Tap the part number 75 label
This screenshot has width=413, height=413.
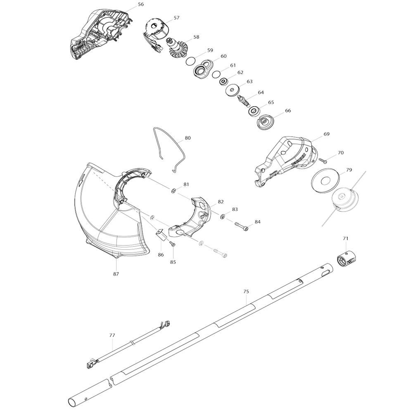coord(246,292)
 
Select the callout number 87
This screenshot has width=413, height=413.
coord(116,274)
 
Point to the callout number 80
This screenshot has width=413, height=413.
coord(188,138)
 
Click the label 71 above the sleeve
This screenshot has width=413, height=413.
coord(346,239)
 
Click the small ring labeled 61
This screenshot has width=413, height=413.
coord(216,74)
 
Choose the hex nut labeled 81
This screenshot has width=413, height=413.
coord(174,190)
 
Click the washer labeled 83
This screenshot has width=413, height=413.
coord(223,216)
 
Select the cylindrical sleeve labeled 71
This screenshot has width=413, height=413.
coord(346,259)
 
